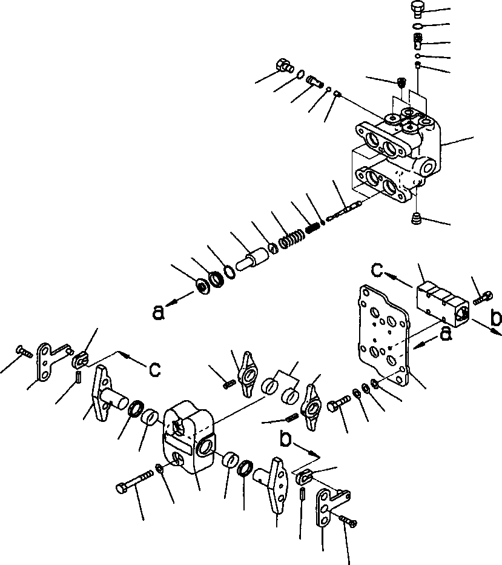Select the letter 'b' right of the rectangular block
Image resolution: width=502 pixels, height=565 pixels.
click(x=495, y=316)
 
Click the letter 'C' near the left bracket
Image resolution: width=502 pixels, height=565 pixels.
click(x=154, y=369)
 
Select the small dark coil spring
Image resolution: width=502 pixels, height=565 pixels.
click(x=312, y=229)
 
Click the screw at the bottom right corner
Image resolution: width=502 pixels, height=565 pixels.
click(x=348, y=520)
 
